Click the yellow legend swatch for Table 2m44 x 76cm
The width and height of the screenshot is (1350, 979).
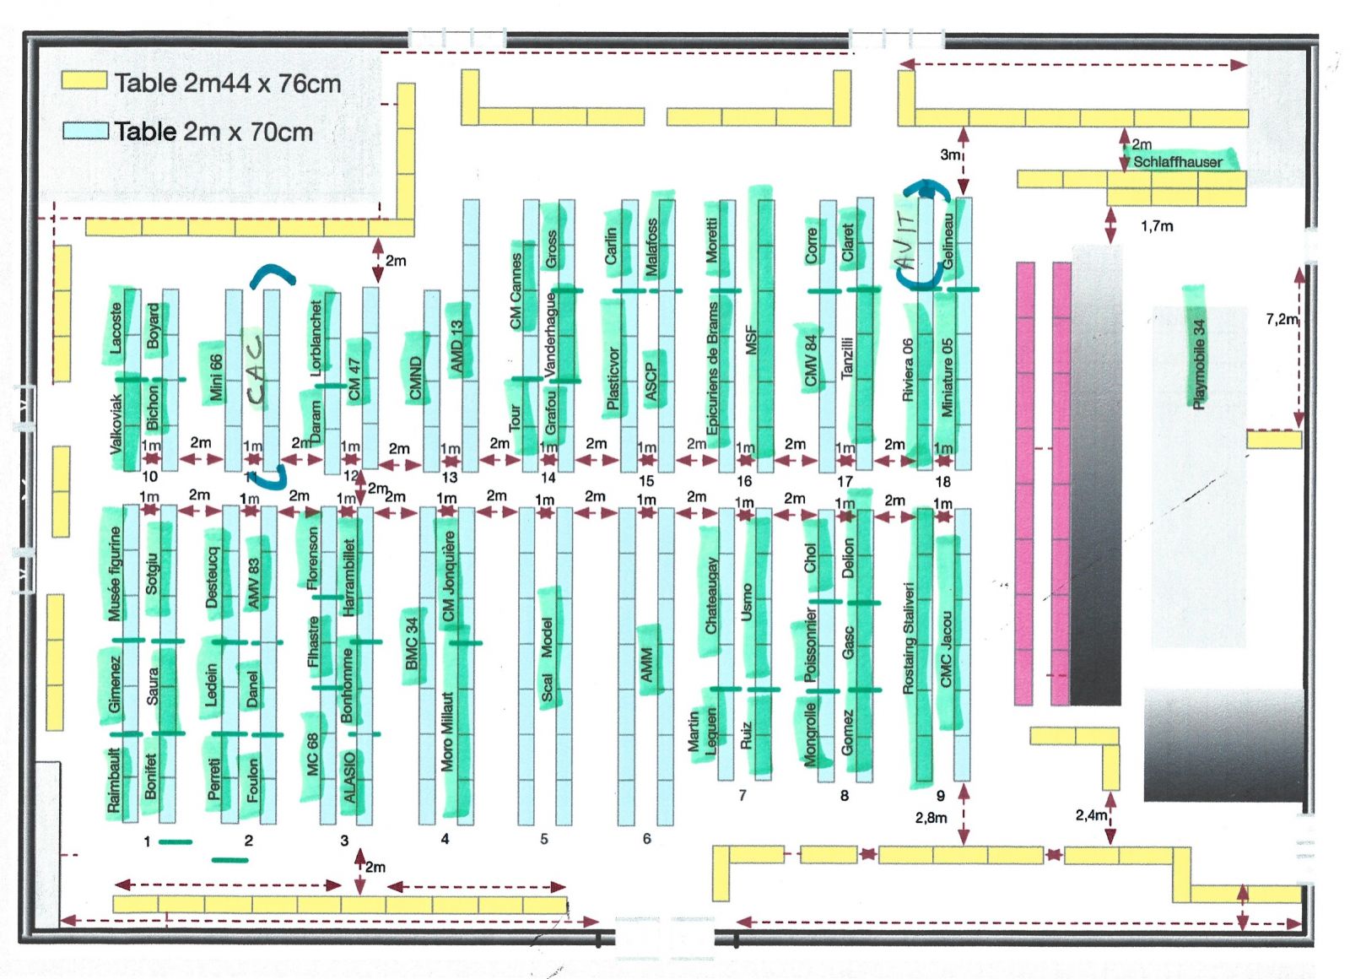84,81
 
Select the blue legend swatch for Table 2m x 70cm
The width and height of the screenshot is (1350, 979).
85,131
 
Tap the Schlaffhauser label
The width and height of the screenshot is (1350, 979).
1177,161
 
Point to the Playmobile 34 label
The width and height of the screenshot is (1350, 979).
1198,363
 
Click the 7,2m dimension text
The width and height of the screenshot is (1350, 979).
1281,319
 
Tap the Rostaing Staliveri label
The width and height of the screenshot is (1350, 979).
909,637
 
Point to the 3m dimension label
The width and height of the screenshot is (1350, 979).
949,154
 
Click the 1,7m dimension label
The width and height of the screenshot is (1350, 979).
1156,226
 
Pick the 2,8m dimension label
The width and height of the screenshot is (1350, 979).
931,817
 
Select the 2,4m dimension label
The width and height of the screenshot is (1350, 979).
1090,814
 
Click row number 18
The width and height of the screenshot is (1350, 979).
942,482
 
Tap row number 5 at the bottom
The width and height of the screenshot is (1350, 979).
544,839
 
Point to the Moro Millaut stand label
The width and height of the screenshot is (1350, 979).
448,731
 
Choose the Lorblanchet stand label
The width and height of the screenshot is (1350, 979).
317,338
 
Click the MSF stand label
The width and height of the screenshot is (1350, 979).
751,340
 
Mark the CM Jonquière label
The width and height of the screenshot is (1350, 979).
449,575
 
